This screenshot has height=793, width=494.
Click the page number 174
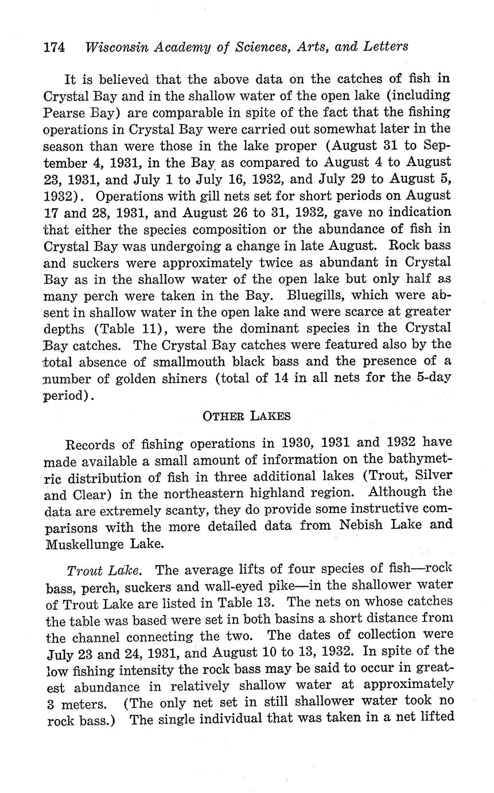(55, 47)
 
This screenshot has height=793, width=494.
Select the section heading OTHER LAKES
(247, 416)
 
